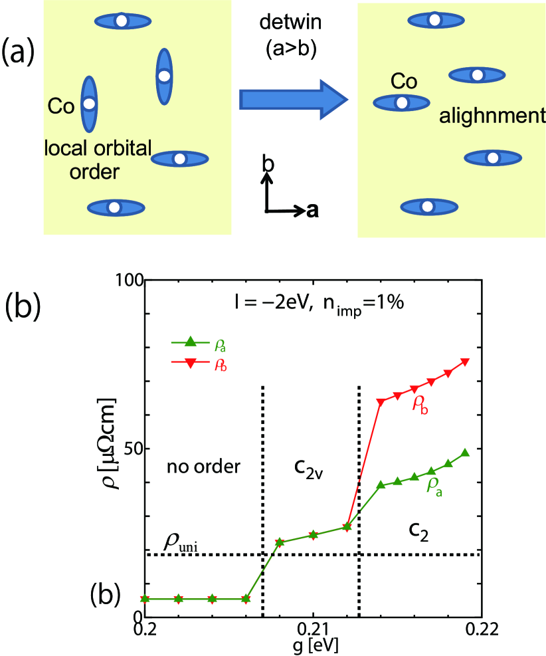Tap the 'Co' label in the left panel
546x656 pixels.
point(60,106)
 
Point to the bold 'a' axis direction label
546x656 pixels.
point(312,211)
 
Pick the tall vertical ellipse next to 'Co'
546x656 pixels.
point(89,104)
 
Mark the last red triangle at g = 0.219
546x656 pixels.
point(465,362)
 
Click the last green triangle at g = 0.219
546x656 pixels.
point(465,453)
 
